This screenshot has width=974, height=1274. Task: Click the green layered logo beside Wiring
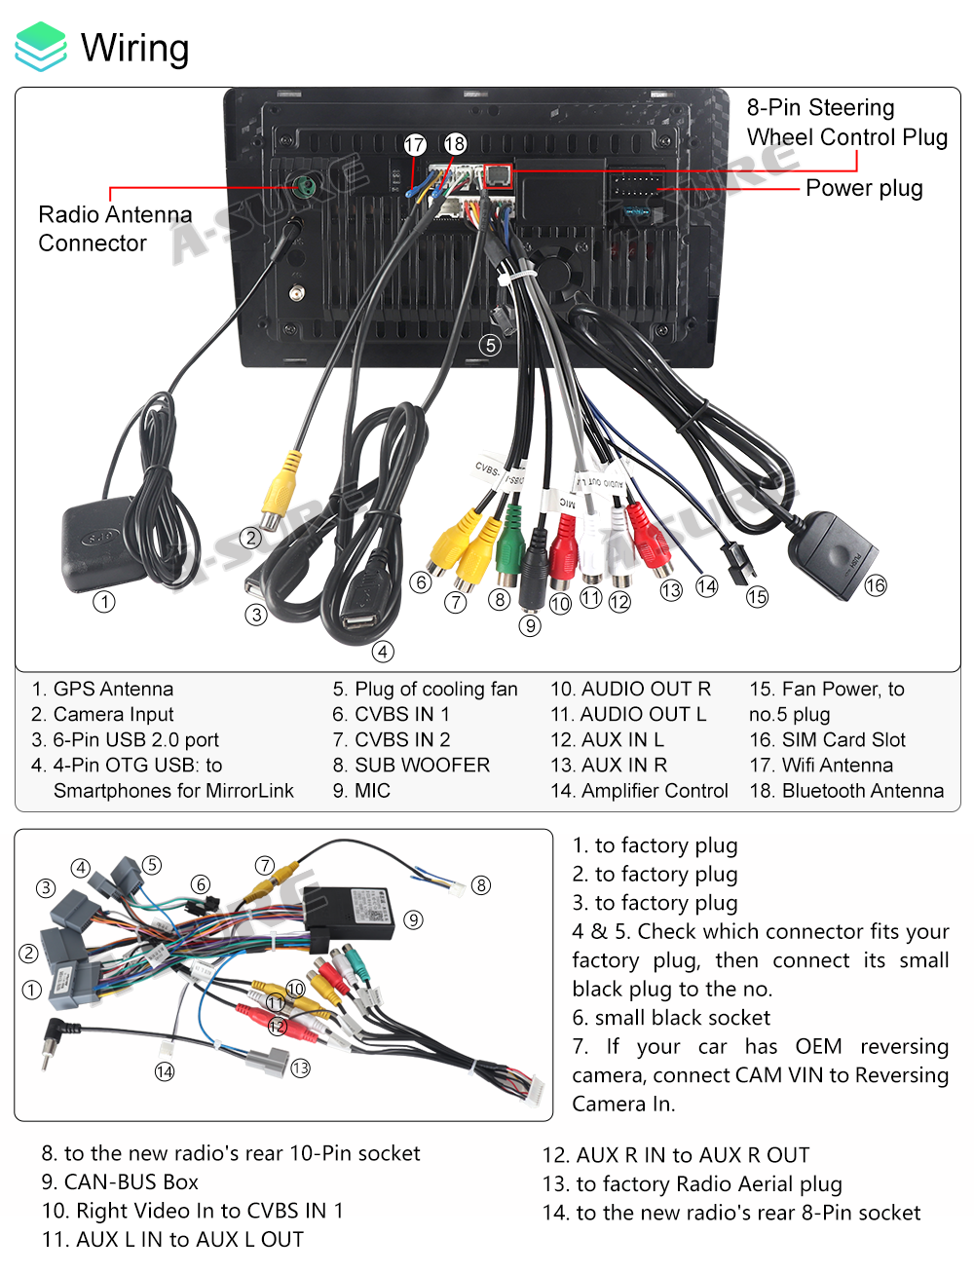[x=41, y=47]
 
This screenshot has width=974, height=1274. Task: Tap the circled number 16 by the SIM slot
[x=876, y=584]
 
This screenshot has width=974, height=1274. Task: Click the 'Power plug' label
[x=864, y=188]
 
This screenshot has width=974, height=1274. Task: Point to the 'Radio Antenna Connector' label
[x=114, y=228]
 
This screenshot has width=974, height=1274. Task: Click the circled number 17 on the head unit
[x=415, y=145]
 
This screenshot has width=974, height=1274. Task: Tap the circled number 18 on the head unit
[x=455, y=144]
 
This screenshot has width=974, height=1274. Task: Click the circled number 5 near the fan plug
[x=490, y=345]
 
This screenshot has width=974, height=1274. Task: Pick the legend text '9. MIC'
[x=361, y=791]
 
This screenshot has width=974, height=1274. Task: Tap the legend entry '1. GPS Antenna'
[x=102, y=690]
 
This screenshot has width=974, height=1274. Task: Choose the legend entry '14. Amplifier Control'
[x=639, y=791]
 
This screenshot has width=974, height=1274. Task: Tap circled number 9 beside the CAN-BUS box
[x=414, y=920]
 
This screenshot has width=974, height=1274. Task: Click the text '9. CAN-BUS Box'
[x=120, y=1182]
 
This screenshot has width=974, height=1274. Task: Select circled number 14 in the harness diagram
[x=165, y=1071]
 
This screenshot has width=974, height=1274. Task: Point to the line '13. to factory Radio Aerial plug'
[x=692, y=1184]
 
